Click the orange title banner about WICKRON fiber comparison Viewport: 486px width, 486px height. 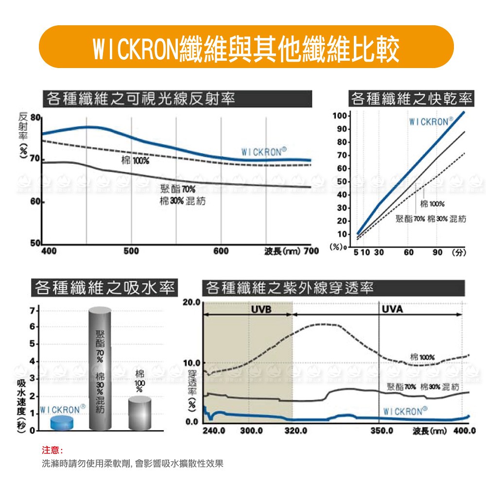(x=246, y=47)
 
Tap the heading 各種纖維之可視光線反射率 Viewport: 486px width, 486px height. (x=140, y=99)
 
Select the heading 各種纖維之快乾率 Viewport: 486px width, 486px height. (x=411, y=99)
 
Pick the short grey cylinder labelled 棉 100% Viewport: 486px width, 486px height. (x=140, y=413)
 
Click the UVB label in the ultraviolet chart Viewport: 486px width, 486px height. (x=261, y=310)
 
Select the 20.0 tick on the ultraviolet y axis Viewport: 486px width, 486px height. (x=191, y=303)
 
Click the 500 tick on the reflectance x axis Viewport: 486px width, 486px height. (x=131, y=251)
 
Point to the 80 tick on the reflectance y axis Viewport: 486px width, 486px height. (x=35, y=118)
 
